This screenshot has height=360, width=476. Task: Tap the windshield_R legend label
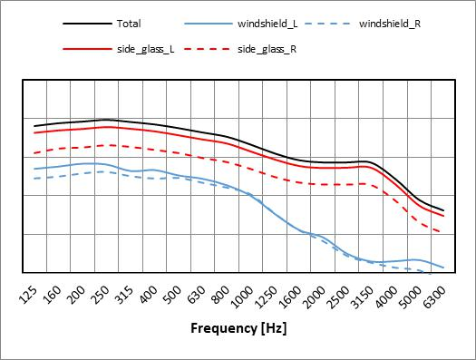[x=387, y=23]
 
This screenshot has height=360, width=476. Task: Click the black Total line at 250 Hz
[x=107, y=120]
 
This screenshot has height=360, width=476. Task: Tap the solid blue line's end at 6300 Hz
[x=443, y=268]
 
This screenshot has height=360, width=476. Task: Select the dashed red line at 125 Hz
[x=34, y=152]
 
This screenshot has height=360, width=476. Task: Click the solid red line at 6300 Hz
[x=443, y=216]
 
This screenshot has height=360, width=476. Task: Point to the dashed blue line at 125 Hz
[x=34, y=179]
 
